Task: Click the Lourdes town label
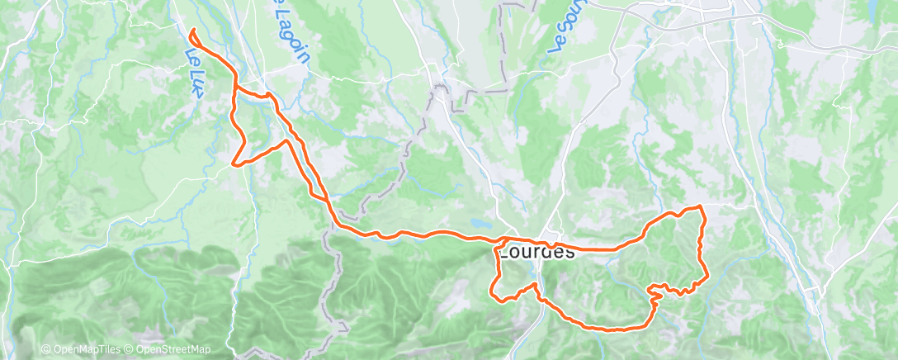(x=536, y=251)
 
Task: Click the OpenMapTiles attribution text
(x=83, y=350)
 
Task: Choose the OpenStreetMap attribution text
(x=171, y=350)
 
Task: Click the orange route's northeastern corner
(x=701, y=206)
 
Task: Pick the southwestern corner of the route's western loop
(x=236, y=163)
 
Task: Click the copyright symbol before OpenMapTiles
(x=45, y=350)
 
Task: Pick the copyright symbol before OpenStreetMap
(x=126, y=350)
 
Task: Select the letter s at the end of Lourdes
(x=569, y=252)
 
